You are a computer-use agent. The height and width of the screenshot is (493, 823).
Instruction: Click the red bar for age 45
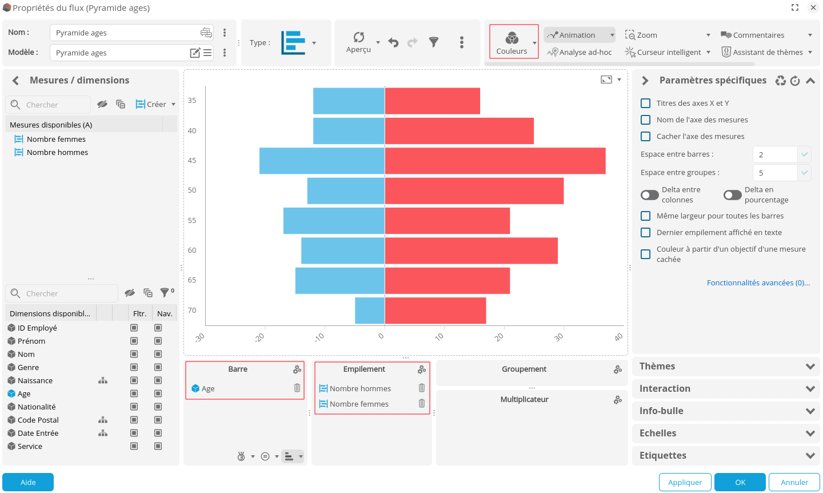(495, 161)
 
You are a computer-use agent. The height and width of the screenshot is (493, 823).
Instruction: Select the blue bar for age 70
(370, 311)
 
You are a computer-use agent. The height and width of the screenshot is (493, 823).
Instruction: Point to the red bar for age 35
(432, 101)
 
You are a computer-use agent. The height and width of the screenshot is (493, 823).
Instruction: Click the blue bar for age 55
(334, 221)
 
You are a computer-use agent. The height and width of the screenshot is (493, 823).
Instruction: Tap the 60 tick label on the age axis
(192, 251)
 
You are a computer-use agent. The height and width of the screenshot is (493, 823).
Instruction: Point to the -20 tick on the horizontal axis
(260, 337)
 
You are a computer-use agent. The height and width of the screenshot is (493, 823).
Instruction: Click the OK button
(740, 482)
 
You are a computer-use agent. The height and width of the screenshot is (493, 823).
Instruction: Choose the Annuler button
(794, 482)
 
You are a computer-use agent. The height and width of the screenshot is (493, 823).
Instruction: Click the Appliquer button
(685, 482)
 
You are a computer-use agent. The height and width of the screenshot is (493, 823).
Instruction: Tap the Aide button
(28, 482)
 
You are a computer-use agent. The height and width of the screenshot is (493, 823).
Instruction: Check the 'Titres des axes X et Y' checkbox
(646, 104)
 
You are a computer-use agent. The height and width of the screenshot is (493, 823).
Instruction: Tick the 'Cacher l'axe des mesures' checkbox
(646, 137)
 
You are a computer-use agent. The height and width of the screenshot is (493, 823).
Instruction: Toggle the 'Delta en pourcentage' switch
(732, 195)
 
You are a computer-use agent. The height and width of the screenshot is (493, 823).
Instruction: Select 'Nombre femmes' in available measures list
(56, 140)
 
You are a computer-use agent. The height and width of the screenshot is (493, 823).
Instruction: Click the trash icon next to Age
(297, 388)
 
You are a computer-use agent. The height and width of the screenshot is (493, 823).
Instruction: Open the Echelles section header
(726, 434)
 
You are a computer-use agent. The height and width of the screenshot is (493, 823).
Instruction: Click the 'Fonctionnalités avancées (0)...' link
(758, 283)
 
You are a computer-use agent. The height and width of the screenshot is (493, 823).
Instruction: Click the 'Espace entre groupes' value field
(775, 173)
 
